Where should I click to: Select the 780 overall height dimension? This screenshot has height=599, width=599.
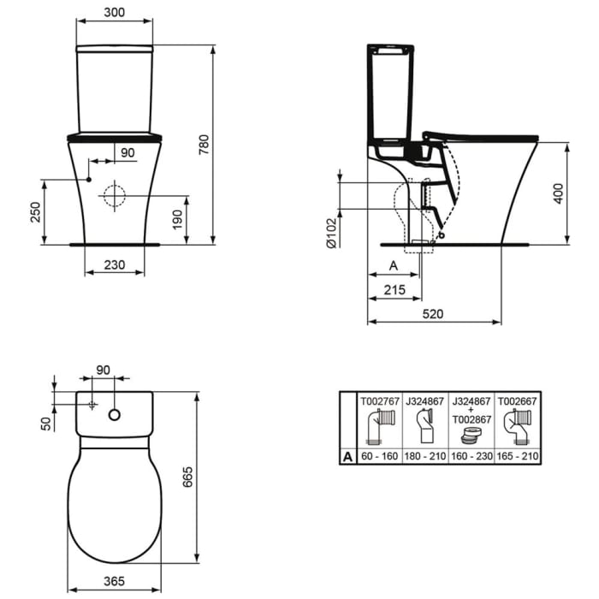click(x=203, y=146)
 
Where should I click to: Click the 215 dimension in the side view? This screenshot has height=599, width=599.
click(x=394, y=291)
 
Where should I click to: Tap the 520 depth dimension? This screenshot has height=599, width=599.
click(x=434, y=314)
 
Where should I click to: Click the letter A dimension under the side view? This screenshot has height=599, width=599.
click(x=393, y=266)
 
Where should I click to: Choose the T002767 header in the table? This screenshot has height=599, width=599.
click(x=377, y=400)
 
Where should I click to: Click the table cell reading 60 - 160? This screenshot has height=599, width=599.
click(x=377, y=457)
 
